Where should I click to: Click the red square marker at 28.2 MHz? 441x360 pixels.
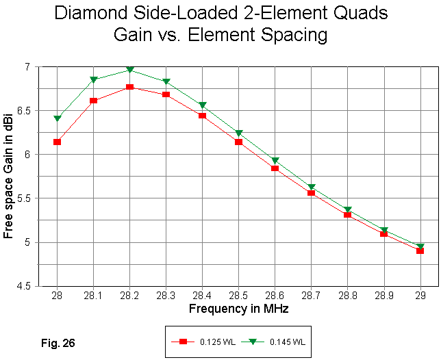[129, 87]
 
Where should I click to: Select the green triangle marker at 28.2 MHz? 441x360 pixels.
[129, 70]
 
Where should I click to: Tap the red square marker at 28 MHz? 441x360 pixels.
[57, 142]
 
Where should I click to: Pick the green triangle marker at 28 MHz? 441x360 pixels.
[57, 118]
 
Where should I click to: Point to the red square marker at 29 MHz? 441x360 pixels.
[420, 250]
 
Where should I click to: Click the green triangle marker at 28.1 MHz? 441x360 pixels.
[93, 79]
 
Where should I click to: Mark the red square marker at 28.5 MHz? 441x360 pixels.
[238, 142]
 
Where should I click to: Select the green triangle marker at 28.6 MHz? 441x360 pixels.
[275, 161]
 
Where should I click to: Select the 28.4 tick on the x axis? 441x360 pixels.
[202, 294]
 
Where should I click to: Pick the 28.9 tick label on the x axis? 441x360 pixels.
[383, 294]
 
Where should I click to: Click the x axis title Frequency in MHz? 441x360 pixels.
[238, 309]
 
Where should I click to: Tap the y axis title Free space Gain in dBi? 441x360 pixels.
[9, 177]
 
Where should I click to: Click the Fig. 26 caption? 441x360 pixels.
[55, 339]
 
